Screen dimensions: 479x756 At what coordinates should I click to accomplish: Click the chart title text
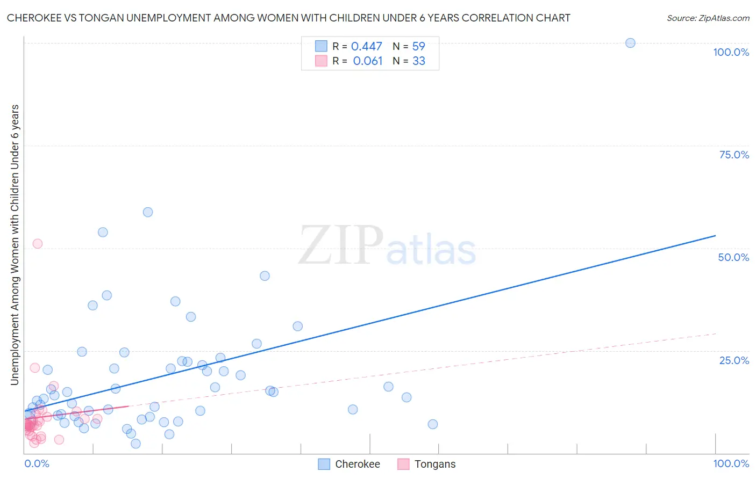pos(288,18)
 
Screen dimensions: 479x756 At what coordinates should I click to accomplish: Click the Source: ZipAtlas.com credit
pos(708,18)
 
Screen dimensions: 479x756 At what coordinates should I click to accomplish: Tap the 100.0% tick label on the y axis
pos(731,52)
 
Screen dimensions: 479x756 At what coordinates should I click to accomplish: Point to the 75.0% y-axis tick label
pos(734,155)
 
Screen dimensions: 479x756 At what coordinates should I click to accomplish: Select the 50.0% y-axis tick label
pos(733,257)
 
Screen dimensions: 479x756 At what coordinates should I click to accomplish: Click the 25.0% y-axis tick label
pos(734,360)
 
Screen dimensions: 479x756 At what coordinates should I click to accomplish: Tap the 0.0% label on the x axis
pos(37,463)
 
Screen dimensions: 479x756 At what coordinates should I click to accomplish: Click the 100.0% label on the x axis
pos(731,463)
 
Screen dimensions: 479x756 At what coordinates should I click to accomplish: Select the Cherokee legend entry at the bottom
pos(357,464)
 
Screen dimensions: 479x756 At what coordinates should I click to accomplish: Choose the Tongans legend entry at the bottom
pos(434,464)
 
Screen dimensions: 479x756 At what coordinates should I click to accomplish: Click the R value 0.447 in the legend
pos(366,47)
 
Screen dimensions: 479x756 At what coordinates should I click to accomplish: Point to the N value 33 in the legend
pos(418,61)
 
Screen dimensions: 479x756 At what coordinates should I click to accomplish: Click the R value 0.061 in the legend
pos(367,61)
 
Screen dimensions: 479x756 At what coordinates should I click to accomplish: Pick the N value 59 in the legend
pos(418,47)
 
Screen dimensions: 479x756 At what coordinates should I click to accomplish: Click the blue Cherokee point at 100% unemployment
pos(630,43)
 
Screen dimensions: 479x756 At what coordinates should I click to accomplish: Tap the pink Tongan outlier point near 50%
pos(38,244)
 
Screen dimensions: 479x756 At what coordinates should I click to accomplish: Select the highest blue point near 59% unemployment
pos(148,212)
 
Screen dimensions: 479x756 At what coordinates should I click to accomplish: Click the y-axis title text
pos(15,244)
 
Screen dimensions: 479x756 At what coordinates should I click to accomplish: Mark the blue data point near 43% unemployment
pos(265,276)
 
